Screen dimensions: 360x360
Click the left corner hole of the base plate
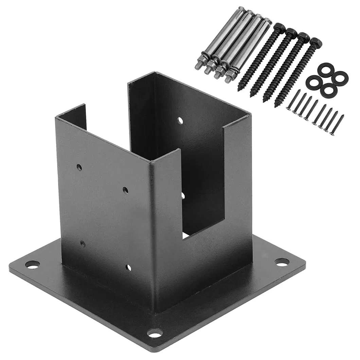(32, 264)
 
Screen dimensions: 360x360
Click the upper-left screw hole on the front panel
(79, 167)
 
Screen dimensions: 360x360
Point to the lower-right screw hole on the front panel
(128, 268)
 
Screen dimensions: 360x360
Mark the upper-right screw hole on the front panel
(126, 190)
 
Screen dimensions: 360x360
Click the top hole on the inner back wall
(180, 120)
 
